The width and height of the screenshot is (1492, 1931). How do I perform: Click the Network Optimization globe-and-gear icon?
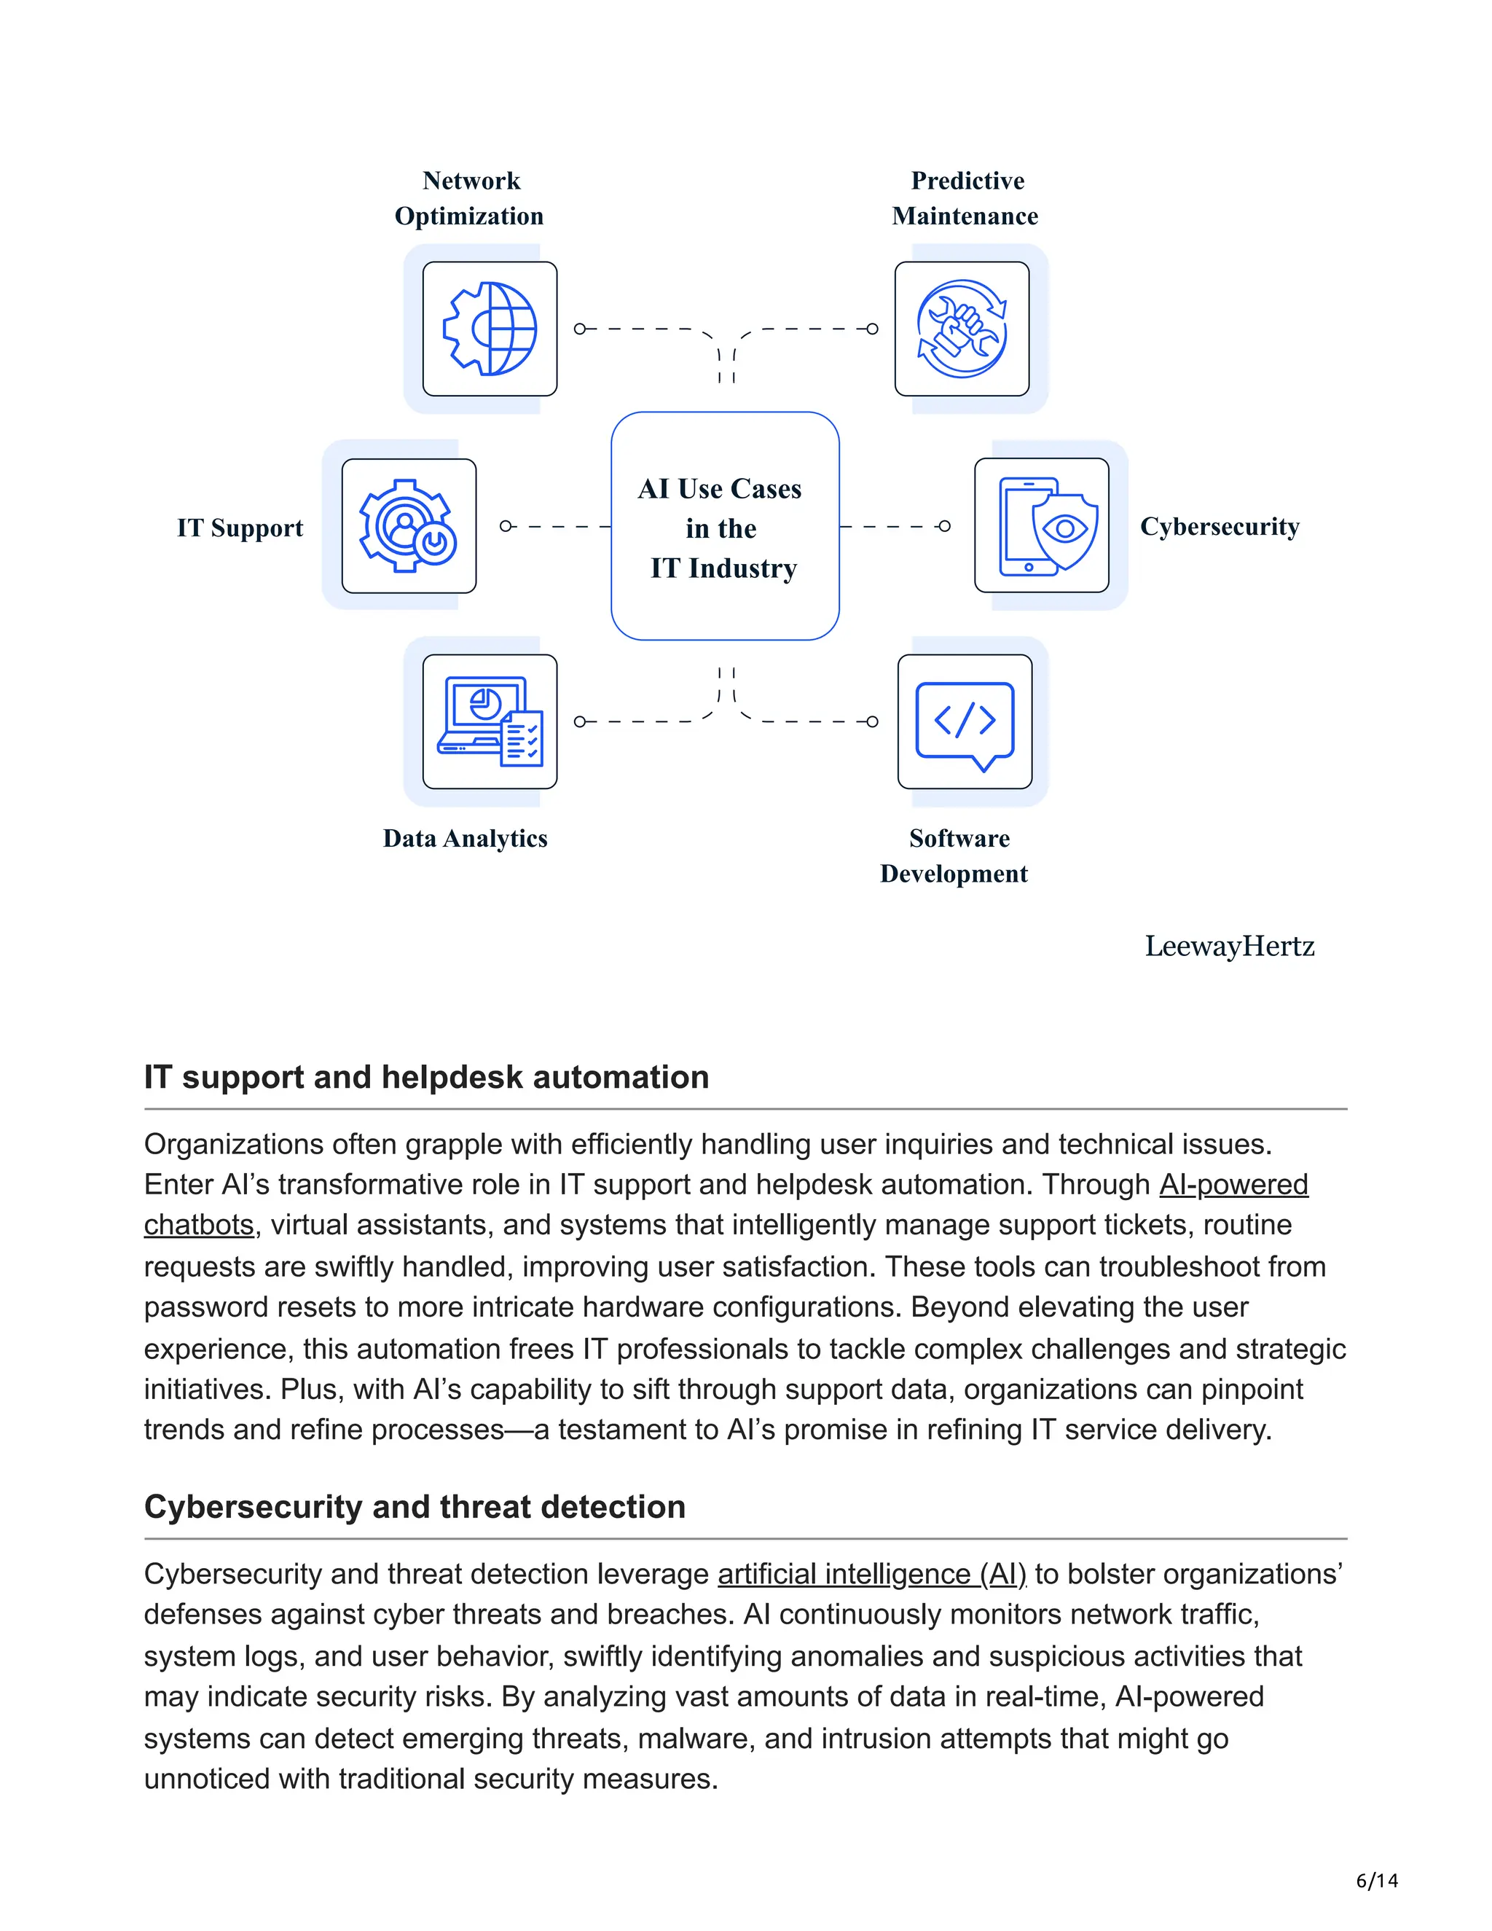pyautogui.click(x=490, y=329)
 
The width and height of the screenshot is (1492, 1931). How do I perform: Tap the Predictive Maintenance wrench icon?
pyautogui.click(x=962, y=329)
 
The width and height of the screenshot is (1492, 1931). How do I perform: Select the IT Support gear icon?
pyautogui.click(x=409, y=526)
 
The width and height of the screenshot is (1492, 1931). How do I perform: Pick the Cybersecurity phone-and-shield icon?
pyautogui.click(x=1041, y=526)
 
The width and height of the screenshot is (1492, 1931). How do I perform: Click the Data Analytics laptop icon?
pyautogui.click(x=490, y=721)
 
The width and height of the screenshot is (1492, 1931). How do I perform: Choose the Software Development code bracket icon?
pyautogui.click(x=965, y=721)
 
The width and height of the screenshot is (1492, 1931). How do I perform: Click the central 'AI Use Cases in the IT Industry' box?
pyautogui.click(x=725, y=527)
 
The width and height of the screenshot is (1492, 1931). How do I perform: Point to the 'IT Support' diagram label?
pyautogui.click(x=240, y=528)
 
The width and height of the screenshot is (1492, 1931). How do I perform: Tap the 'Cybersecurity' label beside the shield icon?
pyautogui.click(x=1220, y=526)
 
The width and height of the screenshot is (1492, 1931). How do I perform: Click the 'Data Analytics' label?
pyautogui.click(x=465, y=838)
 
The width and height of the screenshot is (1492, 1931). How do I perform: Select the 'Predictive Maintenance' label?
pyautogui.click(x=966, y=198)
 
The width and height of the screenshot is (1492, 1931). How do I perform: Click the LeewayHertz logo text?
pyautogui.click(x=1230, y=946)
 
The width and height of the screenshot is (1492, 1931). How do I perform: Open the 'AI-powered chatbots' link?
pyautogui.click(x=1233, y=1185)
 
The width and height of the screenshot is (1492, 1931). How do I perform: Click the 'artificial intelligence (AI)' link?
pyautogui.click(x=871, y=1575)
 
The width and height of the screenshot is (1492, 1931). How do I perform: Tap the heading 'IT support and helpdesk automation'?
pyautogui.click(x=426, y=1077)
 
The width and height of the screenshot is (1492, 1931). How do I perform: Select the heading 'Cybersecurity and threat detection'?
pyautogui.click(x=415, y=1508)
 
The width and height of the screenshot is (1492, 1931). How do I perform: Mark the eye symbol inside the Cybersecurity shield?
pyautogui.click(x=1065, y=529)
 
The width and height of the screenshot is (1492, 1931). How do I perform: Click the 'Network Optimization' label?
pyautogui.click(x=469, y=198)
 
